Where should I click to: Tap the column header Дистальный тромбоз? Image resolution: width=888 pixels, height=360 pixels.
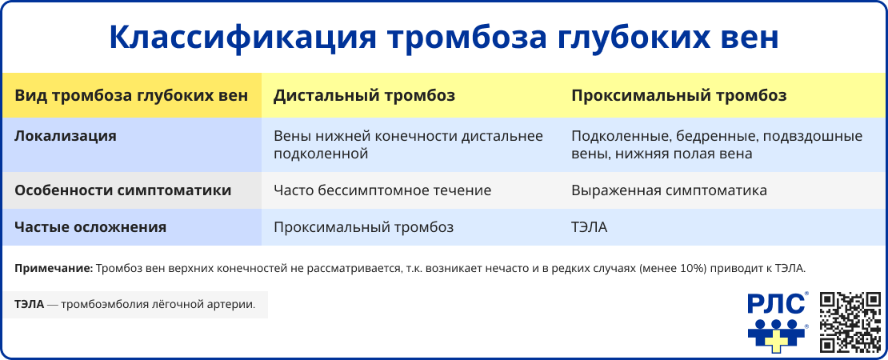pyautogui.click(x=364, y=96)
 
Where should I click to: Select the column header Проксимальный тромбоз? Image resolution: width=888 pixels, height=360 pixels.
pyautogui.click(x=678, y=96)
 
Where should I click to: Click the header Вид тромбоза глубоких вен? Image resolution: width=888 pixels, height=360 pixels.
pyautogui.click(x=131, y=96)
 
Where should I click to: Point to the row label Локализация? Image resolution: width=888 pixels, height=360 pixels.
pyautogui.click(x=66, y=136)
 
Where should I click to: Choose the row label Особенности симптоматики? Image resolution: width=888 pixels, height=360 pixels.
pyautogui.click(x=123, y=191)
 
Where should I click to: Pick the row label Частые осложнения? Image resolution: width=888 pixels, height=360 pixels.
pyautogui.click(x=90, y=227)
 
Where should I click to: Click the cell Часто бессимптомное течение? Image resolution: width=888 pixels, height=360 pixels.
pyautogui.click(x=382, y=191)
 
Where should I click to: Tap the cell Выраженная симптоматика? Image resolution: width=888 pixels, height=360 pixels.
pyautogui.click(x=669, y=191)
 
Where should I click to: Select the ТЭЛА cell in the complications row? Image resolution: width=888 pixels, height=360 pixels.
pyautogui.click(x=590, y=227)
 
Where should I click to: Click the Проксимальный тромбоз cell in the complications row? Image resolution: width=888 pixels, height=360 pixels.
pyautogui.click(x=363, y=227)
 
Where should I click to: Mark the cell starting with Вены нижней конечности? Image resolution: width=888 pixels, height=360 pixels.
pyautogui.click(x=408, y=145)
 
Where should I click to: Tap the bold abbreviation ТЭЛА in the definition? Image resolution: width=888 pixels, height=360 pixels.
pyautogui.click(x=29, y=305)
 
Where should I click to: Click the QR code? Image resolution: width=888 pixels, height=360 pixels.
pyautogui.click(x=851, y=322)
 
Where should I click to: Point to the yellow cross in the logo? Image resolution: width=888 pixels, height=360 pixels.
pyautogui.click(x=774, y=340)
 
